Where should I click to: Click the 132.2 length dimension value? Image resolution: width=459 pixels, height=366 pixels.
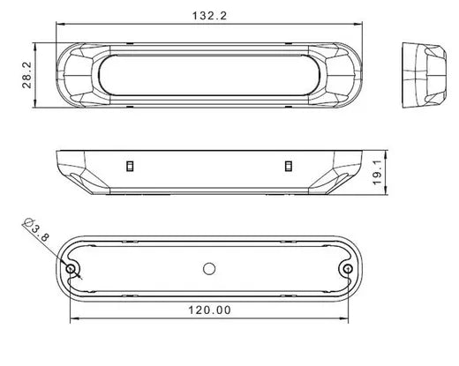209,16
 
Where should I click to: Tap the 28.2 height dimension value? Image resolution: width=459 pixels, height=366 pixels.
26,75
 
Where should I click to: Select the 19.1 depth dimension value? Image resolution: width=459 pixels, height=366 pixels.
377,172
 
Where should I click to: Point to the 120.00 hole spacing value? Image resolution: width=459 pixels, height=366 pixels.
209,310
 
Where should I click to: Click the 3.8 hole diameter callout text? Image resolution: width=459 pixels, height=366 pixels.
41,233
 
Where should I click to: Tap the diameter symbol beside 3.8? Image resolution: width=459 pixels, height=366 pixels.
28,222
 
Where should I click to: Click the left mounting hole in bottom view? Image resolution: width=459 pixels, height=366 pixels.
71,268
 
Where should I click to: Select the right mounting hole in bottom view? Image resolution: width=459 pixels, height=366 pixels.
348,268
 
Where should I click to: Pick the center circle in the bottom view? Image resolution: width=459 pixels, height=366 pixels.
209,269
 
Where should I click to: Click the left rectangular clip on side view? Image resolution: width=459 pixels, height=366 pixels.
130,166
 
